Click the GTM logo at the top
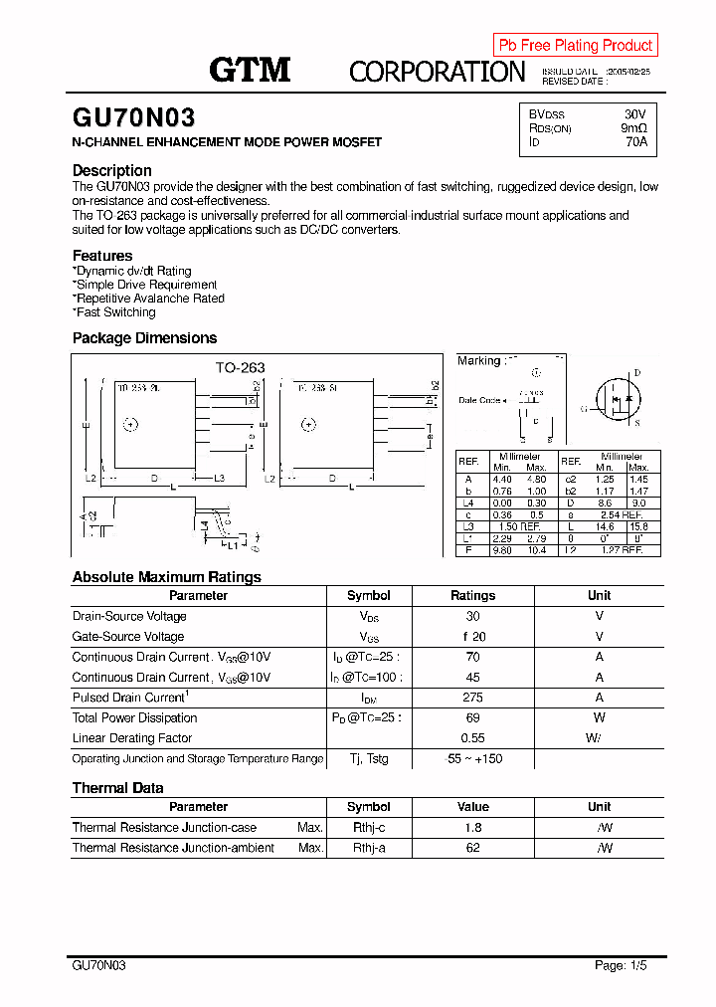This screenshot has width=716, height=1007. coord(249,69)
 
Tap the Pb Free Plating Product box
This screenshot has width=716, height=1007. coord(575,45)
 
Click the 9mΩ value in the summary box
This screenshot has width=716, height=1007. coord(633,128)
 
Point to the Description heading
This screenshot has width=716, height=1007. coord(111,170)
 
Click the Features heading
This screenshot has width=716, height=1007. coord(101,256)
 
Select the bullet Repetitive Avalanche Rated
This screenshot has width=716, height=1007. coord(149,299)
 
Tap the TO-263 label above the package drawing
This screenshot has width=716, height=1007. coord(241,367)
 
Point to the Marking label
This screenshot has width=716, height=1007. coord(478,360)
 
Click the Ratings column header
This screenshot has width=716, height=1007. coord(472,595)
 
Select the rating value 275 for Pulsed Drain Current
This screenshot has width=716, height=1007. coord(472,698)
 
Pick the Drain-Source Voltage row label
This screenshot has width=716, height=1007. coord(129,616)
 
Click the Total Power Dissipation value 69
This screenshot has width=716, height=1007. coord(472,717)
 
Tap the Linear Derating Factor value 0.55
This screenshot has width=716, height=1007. coord(472,738)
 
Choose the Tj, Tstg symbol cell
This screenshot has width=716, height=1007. coord(368,759)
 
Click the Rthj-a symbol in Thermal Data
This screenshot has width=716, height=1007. coord(368,848)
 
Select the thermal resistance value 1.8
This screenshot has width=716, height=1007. coord(472,827)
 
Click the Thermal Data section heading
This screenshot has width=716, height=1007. coord(117,788)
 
